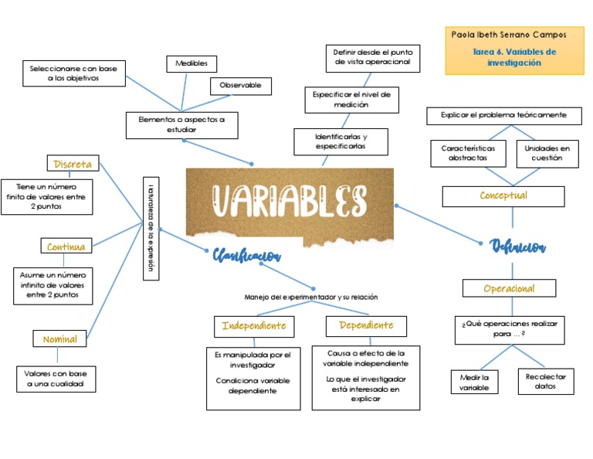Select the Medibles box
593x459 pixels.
pos(191,63)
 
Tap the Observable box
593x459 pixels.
pos(240,86)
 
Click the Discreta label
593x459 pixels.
pos(73,164)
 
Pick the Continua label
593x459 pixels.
pos(67,247)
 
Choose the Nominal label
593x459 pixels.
pos(59,339)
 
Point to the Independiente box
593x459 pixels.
pos(254,326)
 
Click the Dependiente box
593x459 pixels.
pos(366,326)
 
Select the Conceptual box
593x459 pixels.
pos(503,196)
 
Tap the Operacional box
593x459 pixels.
pos(509,289)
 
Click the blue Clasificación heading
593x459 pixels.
pos(246,256)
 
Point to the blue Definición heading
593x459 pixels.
pos(517,246)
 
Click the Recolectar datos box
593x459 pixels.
pos(546,382)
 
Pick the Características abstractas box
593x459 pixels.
pos(469,152)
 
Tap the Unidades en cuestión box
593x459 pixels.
pos(547,152)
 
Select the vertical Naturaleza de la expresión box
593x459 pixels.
pos(151,227)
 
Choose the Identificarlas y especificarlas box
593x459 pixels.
pos(341,141)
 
